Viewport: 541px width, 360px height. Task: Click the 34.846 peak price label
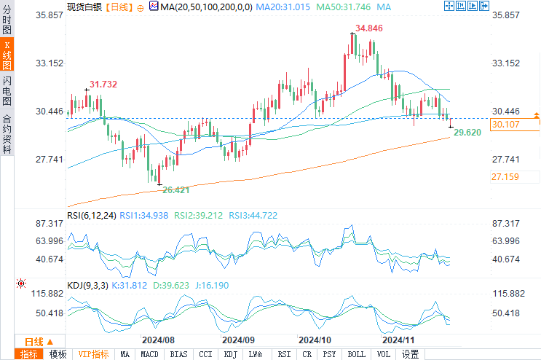(x=369, y=28)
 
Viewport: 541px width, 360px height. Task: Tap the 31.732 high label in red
(x=103, y=85)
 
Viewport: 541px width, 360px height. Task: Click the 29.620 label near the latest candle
(x=467, y=132)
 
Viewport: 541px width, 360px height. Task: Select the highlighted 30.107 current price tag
(x=505, y=125)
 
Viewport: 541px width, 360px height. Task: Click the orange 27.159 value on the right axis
(x=505, y=177)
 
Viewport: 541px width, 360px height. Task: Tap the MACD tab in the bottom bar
(x=149, y=354)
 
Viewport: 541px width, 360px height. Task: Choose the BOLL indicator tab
(x=357, y=354)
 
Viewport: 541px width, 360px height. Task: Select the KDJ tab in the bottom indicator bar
(x=229, y=354)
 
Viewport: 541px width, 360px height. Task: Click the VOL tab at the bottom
(x=384, y=354)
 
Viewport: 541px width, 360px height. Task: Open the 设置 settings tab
(x=411, y=354)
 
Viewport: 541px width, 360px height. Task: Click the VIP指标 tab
(x=94, y=354)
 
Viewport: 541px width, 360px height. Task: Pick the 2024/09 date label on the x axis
(x=239, y=340)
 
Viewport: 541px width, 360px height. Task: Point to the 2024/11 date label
(x=399, y=340)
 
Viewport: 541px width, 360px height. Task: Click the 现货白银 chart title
(x=81, y=7)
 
